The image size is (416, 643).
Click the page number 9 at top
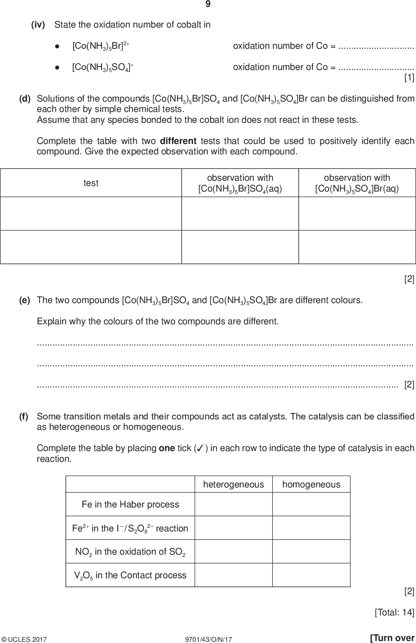point(208,4)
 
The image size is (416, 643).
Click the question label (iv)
point(38,25)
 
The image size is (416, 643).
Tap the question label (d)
point(25,98)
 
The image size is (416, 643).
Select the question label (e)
point(25,300)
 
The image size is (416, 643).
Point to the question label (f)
point(24,416)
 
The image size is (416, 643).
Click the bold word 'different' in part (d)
point(178,141)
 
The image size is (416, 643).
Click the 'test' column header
point(91,183)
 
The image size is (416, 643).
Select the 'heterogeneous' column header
point(234,485)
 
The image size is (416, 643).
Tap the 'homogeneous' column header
point(311,485)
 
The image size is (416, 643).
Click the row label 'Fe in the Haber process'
point(130,504)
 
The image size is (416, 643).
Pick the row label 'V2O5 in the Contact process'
point(130,575)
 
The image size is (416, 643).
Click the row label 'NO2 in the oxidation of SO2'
point(130,552)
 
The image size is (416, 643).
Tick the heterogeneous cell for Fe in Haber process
point(234,504)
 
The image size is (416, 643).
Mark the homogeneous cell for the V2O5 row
point(311,575)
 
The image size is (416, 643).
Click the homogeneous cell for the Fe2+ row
point(311,528)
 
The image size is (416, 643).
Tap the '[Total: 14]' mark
point(394,612)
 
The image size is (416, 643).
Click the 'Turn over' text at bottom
point(392,638)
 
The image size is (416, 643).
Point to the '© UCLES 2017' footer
point(24,639)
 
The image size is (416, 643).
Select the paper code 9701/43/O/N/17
point(207,639)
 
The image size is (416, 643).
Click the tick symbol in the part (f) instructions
point(199,448)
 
